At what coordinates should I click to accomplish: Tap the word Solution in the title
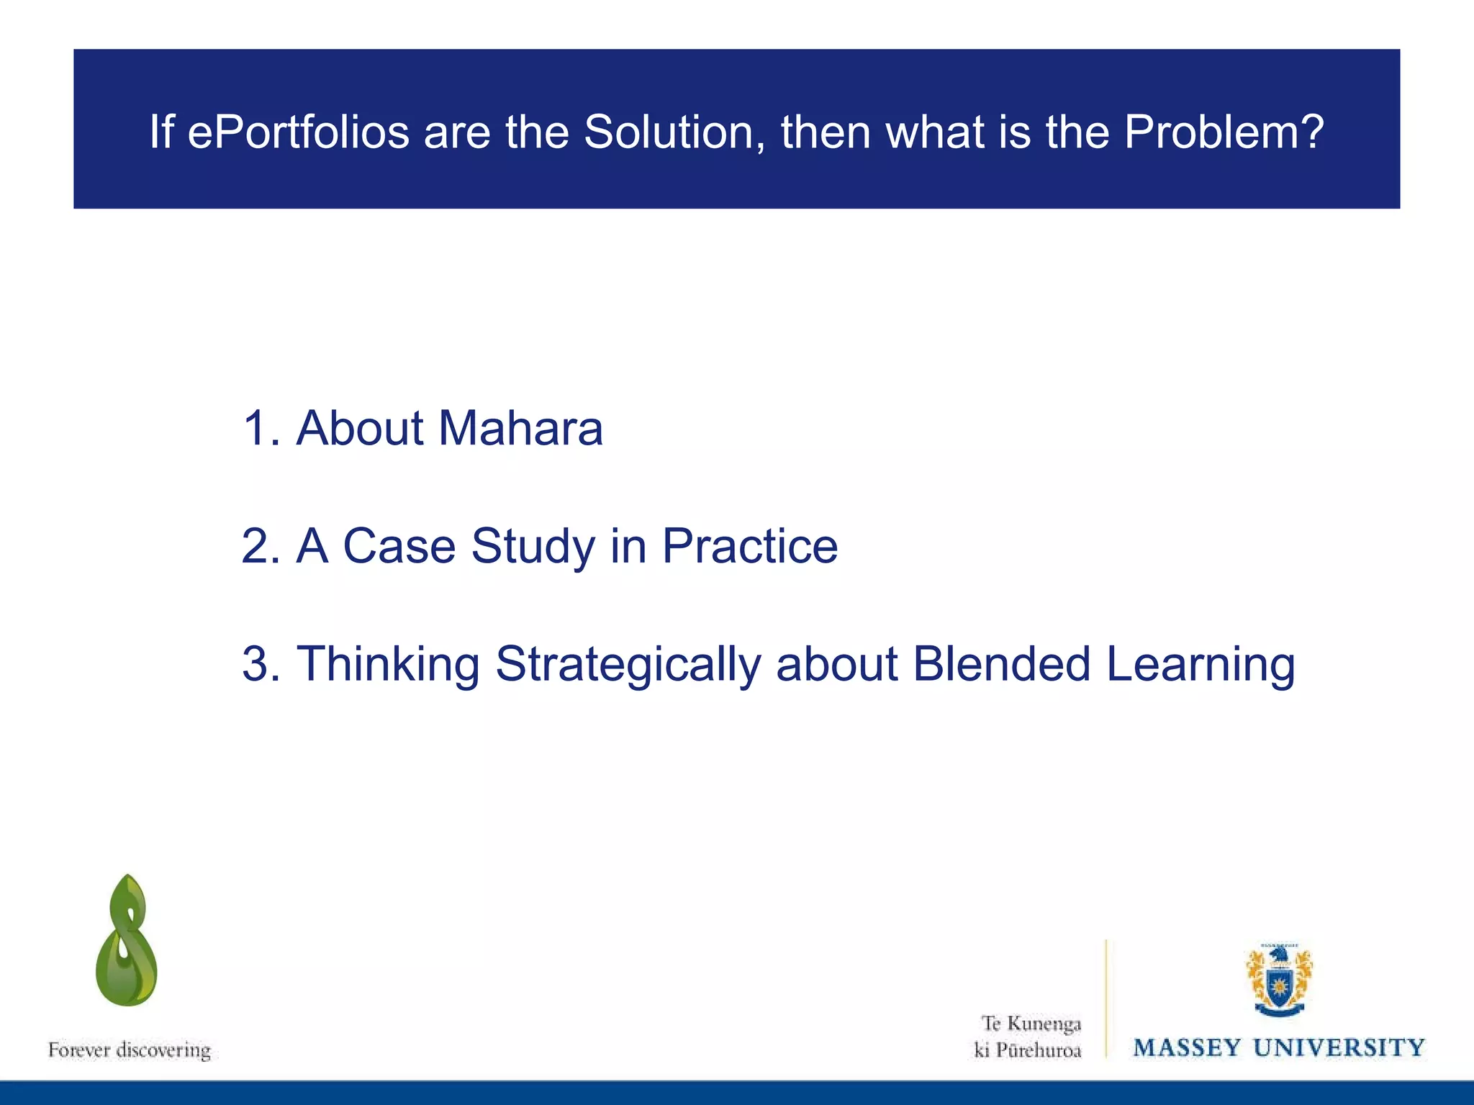674,133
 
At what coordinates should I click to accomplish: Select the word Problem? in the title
1223,133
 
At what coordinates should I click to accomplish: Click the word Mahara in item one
520,429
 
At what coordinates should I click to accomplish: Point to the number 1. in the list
261,429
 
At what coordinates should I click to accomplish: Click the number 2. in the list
261,547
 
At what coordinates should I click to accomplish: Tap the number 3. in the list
261,664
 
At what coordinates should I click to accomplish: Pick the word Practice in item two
749,547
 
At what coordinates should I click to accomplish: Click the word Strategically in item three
628,665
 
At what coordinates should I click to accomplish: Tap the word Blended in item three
1001,664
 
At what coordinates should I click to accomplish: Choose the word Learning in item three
1200,665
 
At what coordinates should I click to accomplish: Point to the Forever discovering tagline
130,1050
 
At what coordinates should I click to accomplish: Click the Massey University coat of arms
1279,980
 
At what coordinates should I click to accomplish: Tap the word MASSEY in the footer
1188,1048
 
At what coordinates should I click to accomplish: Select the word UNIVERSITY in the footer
1339,1048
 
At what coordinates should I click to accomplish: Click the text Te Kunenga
1031,1024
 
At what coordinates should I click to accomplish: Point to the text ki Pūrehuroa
1028,1050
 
